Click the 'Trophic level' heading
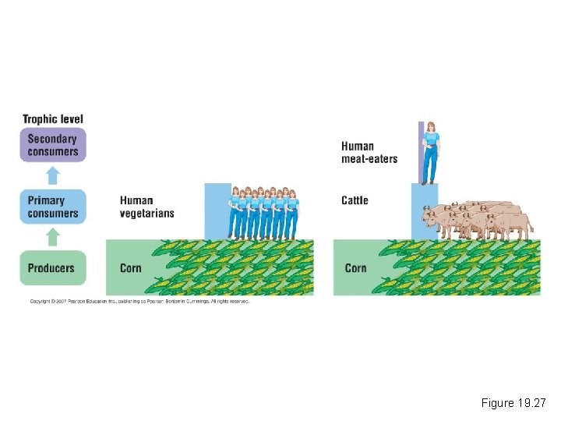coord(52,119)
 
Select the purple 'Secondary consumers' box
coord(52,145)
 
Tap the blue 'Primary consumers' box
coord(52,207)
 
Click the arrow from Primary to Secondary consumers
coord(52,173)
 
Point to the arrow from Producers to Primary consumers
coord(52,235)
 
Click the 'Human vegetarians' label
coord(146,207)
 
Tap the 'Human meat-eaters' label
coord(369,152)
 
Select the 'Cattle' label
coord(355,200)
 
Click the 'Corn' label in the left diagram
coord(131,268)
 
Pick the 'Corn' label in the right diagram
coord(355,268)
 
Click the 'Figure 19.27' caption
coord(514,403)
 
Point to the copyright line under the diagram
coord(139,301)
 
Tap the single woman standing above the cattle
coord(430,153)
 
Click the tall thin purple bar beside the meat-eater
coord(421,152)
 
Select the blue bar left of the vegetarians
coord(217,210)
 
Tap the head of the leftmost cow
coord(427,214)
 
